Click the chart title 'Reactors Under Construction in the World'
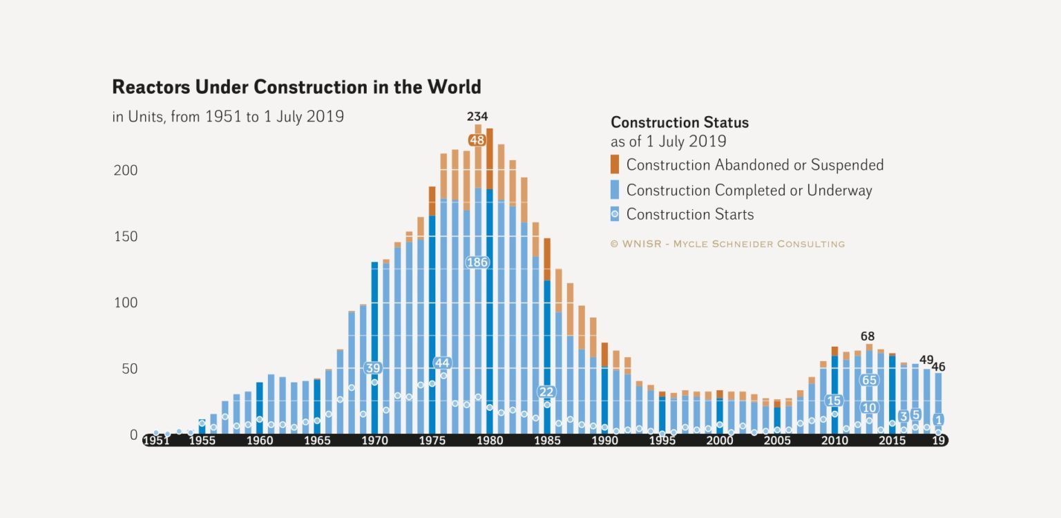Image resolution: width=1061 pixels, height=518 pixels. coord(296,88)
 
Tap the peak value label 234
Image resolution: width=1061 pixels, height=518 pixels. coord(477,116)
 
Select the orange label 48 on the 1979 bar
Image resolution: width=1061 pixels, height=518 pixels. coord(477,140)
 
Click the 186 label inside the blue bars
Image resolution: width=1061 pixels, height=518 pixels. coord(477,262)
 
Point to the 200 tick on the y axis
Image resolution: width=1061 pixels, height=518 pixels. coord(125,171)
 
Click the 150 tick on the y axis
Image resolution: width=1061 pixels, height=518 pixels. coord(125,237)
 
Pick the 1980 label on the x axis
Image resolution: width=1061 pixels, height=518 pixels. coord(489,441)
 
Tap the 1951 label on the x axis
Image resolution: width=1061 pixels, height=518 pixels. coord(156,441)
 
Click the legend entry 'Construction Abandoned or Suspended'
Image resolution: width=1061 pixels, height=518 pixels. coord(754,165)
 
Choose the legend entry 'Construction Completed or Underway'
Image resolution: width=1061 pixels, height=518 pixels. coord(749,190)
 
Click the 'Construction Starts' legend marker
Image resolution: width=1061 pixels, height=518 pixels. coord(615,214)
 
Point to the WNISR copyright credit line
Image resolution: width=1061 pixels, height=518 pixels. coord(727,244)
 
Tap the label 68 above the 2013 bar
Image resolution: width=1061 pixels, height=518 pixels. coord(868,336)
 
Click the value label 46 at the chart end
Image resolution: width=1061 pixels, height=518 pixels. coord(938,367)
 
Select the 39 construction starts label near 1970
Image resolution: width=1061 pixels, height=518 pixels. coord(373,368)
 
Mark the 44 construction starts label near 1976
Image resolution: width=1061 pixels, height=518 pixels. coord(442,363)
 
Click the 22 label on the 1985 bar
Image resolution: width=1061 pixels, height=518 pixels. coord(546,392)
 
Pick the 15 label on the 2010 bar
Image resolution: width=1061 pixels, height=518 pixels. coord(834,401)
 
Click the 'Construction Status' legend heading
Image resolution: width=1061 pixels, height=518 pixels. coord(680,123)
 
